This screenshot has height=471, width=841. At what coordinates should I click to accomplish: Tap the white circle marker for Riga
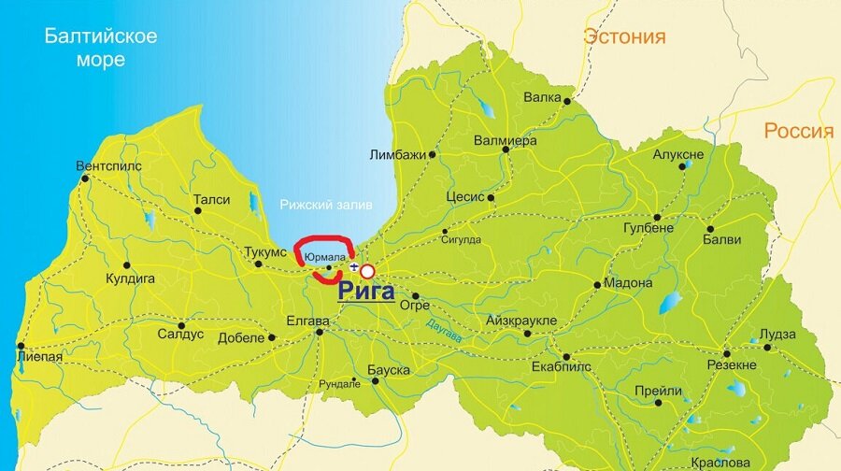coord(367,272)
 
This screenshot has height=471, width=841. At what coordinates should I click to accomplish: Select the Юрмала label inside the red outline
coord(325,257)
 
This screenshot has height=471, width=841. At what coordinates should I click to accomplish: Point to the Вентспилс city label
coord(109,166)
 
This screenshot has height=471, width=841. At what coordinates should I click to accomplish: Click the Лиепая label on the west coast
coord(39,356)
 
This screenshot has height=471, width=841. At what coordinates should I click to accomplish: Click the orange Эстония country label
coord(624,36)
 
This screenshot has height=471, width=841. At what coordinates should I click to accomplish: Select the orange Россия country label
coord(798,131)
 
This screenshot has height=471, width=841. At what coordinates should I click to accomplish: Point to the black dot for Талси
coord(197,210)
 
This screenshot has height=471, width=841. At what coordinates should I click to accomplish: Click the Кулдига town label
coord(130,278)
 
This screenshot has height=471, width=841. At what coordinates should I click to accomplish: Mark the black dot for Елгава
coord(320,332)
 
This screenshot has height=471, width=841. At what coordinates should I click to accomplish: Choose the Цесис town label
coord(464,197)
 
